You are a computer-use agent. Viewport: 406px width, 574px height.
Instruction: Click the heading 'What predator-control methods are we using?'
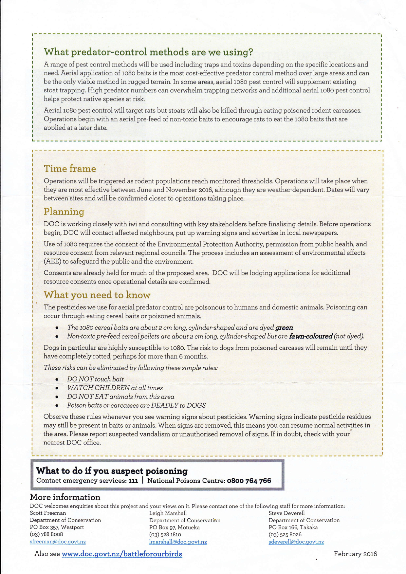point(148,52)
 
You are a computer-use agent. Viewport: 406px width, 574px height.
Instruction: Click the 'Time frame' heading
point(70,169)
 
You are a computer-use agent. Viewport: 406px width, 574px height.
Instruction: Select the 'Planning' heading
point(64,212)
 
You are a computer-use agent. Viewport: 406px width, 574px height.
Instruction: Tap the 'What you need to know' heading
point(97,295)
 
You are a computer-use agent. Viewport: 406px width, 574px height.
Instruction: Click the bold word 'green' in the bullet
point(284,327)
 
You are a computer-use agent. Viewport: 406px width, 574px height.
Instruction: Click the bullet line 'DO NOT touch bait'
point(95,379)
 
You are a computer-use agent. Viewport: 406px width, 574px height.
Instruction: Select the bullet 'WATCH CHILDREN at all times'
point(115,388)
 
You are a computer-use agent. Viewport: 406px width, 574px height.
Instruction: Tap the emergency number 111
point(133,481)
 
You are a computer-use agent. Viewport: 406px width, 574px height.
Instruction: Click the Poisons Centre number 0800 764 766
point(249,481)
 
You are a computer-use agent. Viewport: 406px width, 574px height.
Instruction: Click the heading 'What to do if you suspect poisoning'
point(112,471)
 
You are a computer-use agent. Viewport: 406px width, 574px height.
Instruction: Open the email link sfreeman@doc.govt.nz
point(58,542)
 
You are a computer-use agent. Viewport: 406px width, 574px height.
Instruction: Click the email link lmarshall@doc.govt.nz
point(178,542)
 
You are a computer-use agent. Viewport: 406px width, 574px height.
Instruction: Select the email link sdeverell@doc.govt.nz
point(296,542)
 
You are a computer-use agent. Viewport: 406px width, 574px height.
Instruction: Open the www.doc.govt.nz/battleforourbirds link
point(122,554)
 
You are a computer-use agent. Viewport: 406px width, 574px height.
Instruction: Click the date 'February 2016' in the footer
point(355,554)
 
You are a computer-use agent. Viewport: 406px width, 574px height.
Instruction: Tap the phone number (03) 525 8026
point(285,535)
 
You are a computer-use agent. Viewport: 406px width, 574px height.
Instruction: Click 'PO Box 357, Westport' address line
point(57,528)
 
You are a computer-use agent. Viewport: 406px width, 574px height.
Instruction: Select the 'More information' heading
point(65,497)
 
